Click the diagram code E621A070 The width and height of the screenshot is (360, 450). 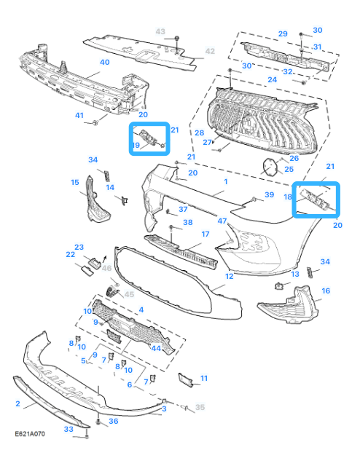(x=30, y=434)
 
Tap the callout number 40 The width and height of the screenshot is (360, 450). (x=105, y=63)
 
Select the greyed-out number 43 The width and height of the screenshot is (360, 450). (x=160, y=31)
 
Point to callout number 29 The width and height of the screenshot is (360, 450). (x=283, y=34)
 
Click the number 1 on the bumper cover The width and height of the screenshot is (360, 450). (x=226, y=181)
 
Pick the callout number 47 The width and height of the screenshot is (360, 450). (x=222, y=221)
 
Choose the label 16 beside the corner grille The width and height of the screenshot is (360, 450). (x=326, y=291)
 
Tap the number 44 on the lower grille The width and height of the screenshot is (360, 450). (x=156, y=348)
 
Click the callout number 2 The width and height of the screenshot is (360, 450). (x=17, y=404)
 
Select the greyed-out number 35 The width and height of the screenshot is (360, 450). (x=200, y=407)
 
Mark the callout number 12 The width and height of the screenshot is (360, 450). (x=230, y=277)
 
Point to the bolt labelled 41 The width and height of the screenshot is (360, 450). (x=95, y=122)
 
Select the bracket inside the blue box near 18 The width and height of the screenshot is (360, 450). (x=315, y=198)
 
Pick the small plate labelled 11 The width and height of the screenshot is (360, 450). (x=185, y=379)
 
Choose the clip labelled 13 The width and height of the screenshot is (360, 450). (x=278, y=285)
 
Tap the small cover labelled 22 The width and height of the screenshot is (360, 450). (x=87, y=271)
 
